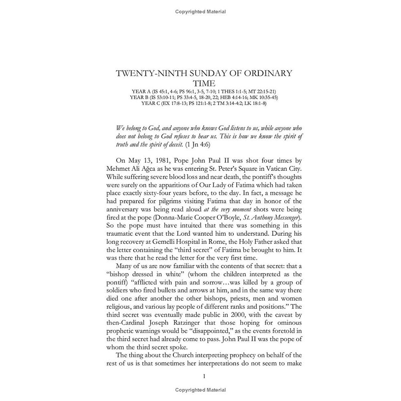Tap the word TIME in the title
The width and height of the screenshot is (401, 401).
[204, 83]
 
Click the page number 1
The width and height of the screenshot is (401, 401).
[204, 376]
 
